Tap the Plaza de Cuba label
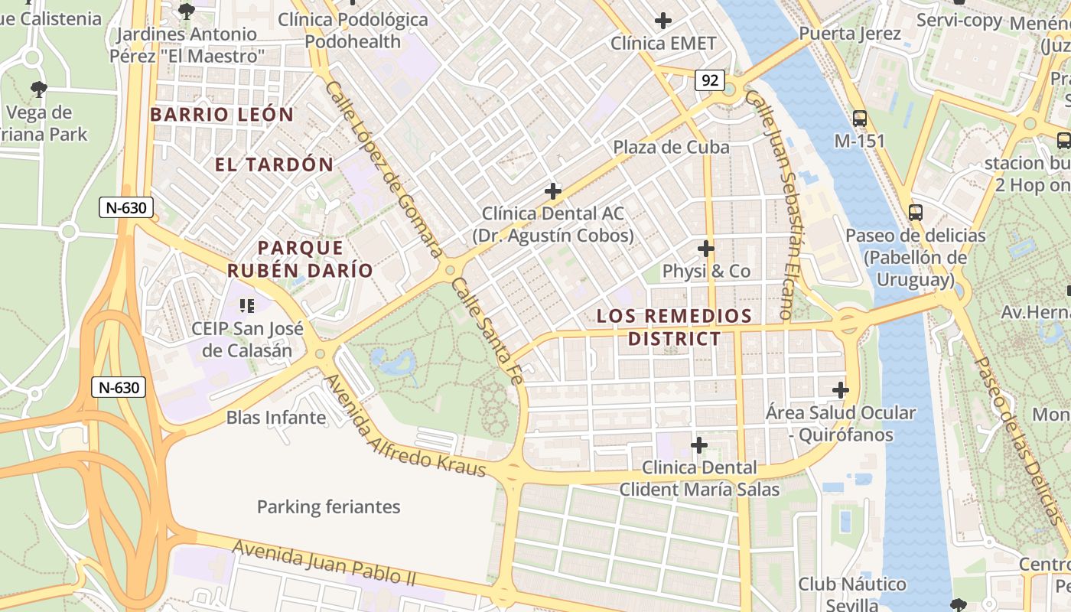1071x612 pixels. point(671,147)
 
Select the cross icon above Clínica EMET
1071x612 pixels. point(663,21)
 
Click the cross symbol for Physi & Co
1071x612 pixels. point(706,249)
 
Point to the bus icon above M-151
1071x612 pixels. point(860,119)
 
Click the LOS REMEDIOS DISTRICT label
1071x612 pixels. point(674,327)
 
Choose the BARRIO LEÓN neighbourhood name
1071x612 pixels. point(222,115)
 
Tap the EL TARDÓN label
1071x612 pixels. point(274,164)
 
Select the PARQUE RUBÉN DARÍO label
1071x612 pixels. point(300,259)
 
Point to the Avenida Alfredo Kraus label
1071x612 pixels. point(405,425)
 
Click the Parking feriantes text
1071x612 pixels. point(328,506)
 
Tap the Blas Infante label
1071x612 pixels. point(276,418)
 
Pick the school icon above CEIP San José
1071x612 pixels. point(246,306)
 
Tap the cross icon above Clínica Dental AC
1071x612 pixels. point(552,191)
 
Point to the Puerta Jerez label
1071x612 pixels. point(850,34)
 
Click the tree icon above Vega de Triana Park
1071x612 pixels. point(38,90)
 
